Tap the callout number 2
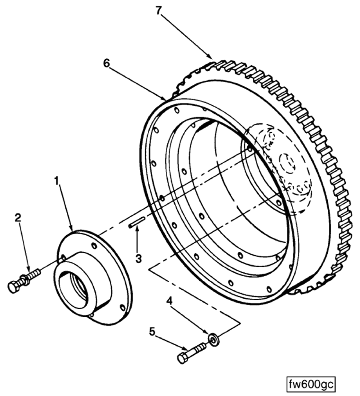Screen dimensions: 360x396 pyautogui.click(x=18, y=218)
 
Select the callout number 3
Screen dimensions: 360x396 pyautogui.click(x=138, y=258)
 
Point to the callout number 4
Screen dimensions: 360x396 pyautogui.click(x=170, y=301)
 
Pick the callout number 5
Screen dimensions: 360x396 pyautogui.click(x=152, y=332)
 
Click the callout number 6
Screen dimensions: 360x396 pyautogui.click(x=106, y=64)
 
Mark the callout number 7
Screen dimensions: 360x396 pyautogui.click(x=158, y=10)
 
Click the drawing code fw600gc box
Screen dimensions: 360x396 pyautogui.click(x=311, y=385)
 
